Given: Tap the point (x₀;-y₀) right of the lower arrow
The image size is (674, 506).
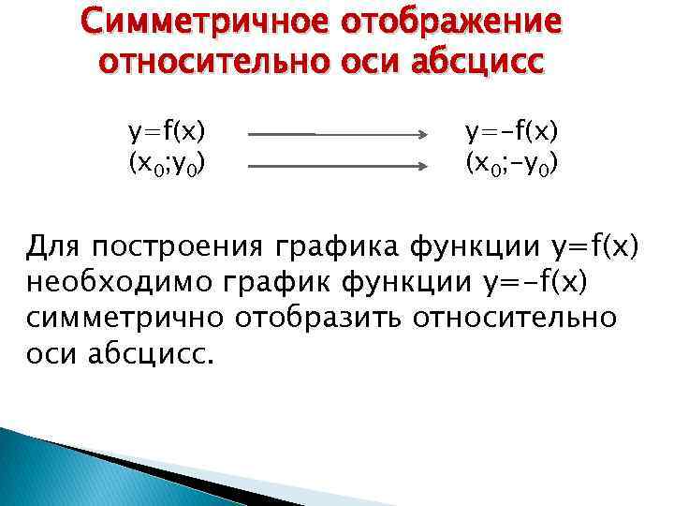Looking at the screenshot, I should [513, 164].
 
